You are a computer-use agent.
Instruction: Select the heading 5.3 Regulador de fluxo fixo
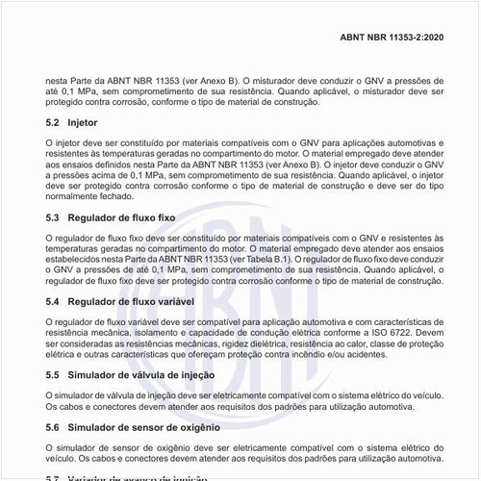(x=114, y=218)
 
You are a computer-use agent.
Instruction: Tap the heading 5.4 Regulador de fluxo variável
(x=121, y=301)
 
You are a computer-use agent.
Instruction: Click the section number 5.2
(x=52, y=123)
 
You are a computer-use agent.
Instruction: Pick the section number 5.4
(x=52, y=301)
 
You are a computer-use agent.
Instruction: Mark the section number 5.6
(x=52, y=426)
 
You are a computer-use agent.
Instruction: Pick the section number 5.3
(x=52, y=218)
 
